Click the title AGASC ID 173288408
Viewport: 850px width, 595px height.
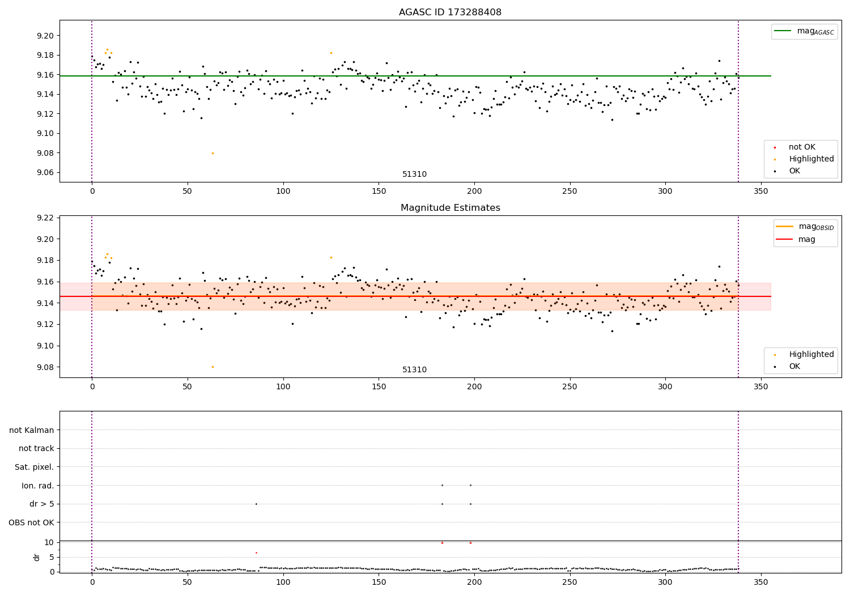point(450,12)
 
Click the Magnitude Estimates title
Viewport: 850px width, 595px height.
point(450,208)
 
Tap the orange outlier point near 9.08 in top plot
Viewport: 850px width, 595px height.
point(212,153)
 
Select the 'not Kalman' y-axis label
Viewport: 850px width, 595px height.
point(32,430)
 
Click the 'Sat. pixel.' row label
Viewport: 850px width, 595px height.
point(34,467)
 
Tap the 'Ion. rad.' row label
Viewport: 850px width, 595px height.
point(37,486)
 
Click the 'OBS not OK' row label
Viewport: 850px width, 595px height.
point(31,522)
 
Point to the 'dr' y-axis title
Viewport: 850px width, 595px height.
point(37,557)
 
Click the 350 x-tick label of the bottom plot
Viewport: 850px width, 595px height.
point(761,582)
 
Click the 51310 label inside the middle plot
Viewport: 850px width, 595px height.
point(414,370)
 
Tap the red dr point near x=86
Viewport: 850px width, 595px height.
point(256,552)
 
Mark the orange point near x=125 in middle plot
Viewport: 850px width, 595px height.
point(331,257)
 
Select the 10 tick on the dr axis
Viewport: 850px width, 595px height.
point(49,542)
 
